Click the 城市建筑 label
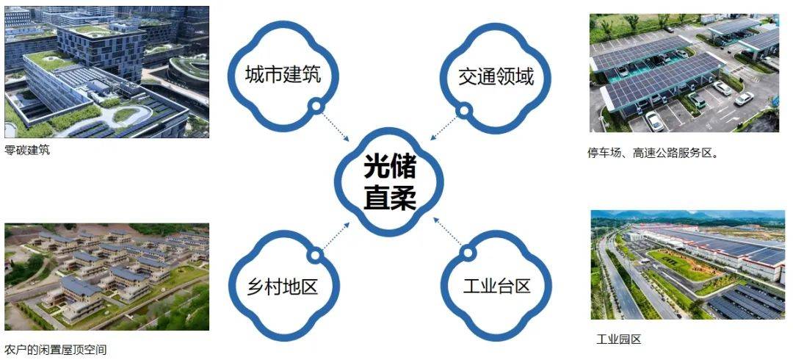283,76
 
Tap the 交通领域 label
496,76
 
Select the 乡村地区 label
283,286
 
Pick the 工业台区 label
496,286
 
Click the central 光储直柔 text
389,183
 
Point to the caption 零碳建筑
27,151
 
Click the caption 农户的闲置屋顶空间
56,350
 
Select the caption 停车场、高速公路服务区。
653,153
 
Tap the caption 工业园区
618,339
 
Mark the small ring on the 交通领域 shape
463,110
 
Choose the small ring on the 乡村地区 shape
316,255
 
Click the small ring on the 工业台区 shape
468,252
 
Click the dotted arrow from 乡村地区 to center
336,235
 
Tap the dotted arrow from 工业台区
448,232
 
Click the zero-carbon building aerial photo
106,72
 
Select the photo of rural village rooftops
106,277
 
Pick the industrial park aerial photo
688,264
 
